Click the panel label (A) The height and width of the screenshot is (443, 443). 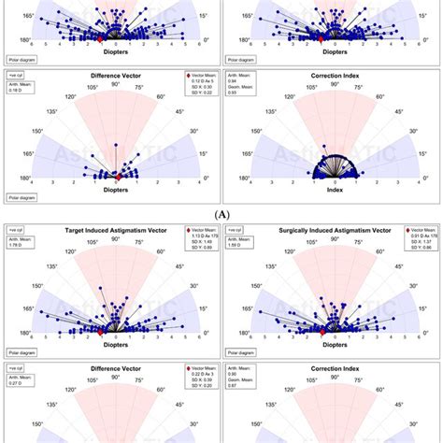(221, 213)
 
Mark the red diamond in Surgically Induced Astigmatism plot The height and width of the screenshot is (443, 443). (322, 331)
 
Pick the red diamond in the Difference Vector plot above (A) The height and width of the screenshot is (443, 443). (119, 176)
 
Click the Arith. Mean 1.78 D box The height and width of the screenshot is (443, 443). (21, 245)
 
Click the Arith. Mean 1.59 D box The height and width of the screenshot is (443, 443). (242, 245)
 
